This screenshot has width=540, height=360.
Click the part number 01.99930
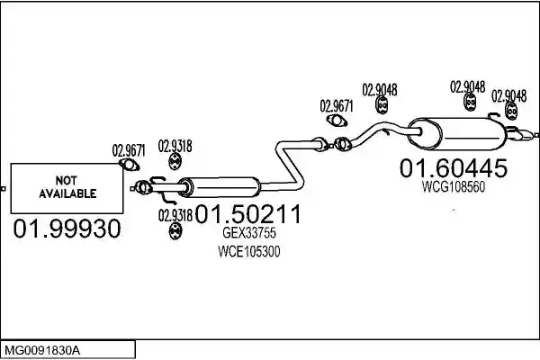(x=67, y=229)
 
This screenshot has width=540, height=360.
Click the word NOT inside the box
(x=66, y=181)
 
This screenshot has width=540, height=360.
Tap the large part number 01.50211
(x=248, y=214)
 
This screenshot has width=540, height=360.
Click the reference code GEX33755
(x=249, y=233)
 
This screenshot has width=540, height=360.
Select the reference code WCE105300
(x=249, y=251)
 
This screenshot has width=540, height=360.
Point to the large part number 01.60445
(x=454, y=168)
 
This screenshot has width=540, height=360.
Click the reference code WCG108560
(x=454, y=186)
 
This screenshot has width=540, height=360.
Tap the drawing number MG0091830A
(x=42, y=351)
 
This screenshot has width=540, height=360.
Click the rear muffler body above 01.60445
(x=457, y=134)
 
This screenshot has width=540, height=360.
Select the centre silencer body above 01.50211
(x=220, y=187)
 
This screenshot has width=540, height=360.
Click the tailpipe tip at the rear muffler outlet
(x=524, y=134)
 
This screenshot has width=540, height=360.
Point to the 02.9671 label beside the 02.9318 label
(x=129, y=150)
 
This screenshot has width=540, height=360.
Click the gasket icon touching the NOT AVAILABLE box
(x=129, y=165)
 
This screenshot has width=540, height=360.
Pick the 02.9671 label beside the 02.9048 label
(x=337, y=106)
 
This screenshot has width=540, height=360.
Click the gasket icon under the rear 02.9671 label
(x=337, y=120)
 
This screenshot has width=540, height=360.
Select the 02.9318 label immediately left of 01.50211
(x=175, y=216)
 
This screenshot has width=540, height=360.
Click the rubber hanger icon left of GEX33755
(x=175, y=230)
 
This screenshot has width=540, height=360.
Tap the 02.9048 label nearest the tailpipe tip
(x=508, y=96)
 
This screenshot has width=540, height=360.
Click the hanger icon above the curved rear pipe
(x=382, y=104)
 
